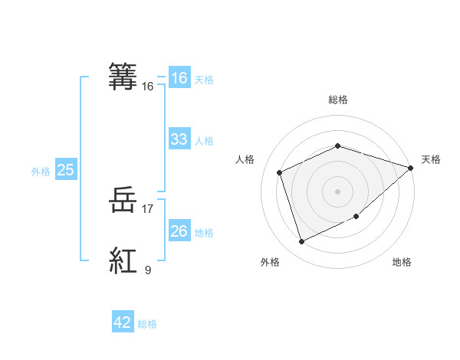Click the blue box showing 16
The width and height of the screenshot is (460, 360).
pos(179,78)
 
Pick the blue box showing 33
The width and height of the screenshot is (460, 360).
pos(179,139)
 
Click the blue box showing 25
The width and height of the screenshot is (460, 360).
pos(65,170)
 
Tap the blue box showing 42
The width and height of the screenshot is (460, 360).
pos(123,322)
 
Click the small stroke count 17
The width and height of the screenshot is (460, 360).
pos(148,208)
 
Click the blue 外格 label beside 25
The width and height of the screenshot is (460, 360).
pos(41,172)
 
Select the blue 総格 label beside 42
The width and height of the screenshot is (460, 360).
pos(147,324)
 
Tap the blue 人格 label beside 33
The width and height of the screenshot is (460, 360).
pos(204,141)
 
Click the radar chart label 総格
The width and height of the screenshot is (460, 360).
pos(337,100)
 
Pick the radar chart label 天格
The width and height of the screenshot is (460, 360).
pos(431,159)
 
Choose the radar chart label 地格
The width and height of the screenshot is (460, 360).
pos(402,263)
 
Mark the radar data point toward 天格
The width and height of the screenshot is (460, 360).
pos(411,168)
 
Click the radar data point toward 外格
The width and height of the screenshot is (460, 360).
pos(301,242)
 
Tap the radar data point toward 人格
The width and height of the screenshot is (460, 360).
pos(280,172)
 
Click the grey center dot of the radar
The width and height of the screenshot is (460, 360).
pos(337,191)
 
